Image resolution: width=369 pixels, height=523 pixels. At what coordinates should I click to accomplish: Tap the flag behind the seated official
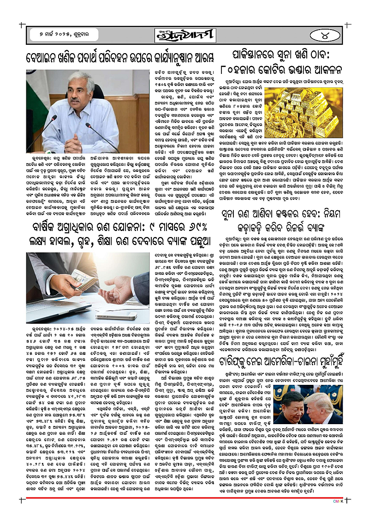pyautogui.click(x=42, y=91)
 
